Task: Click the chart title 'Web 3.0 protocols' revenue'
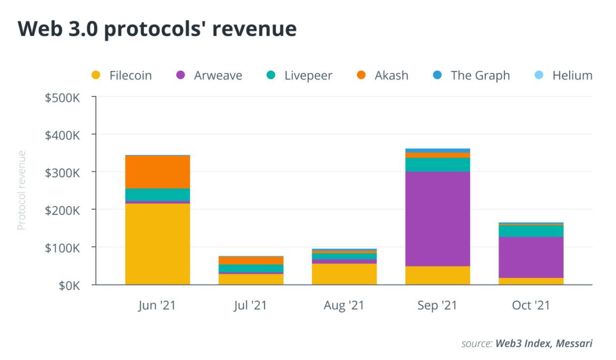(x=157, y=29)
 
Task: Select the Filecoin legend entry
(x=122, y=75)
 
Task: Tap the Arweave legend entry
(x=209, y=75)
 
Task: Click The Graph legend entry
(x=472, y=75)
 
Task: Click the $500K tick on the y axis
(x=62, y=97)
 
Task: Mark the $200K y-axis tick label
(x=62, y=210)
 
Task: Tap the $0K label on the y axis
(x=68, y=285)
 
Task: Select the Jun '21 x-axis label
(x=157, y=306)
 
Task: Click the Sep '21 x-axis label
(x=437, y=306)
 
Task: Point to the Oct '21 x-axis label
(x=531, y=306)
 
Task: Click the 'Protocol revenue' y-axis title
(x=22, y=191)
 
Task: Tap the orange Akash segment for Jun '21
(x=157, y=172)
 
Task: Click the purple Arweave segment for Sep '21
(x=437, y=219)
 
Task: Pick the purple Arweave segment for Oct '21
(x=531, y=257)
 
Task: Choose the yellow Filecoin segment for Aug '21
(x=344, y=274)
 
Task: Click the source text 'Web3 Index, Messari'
(x=544, y=343)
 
